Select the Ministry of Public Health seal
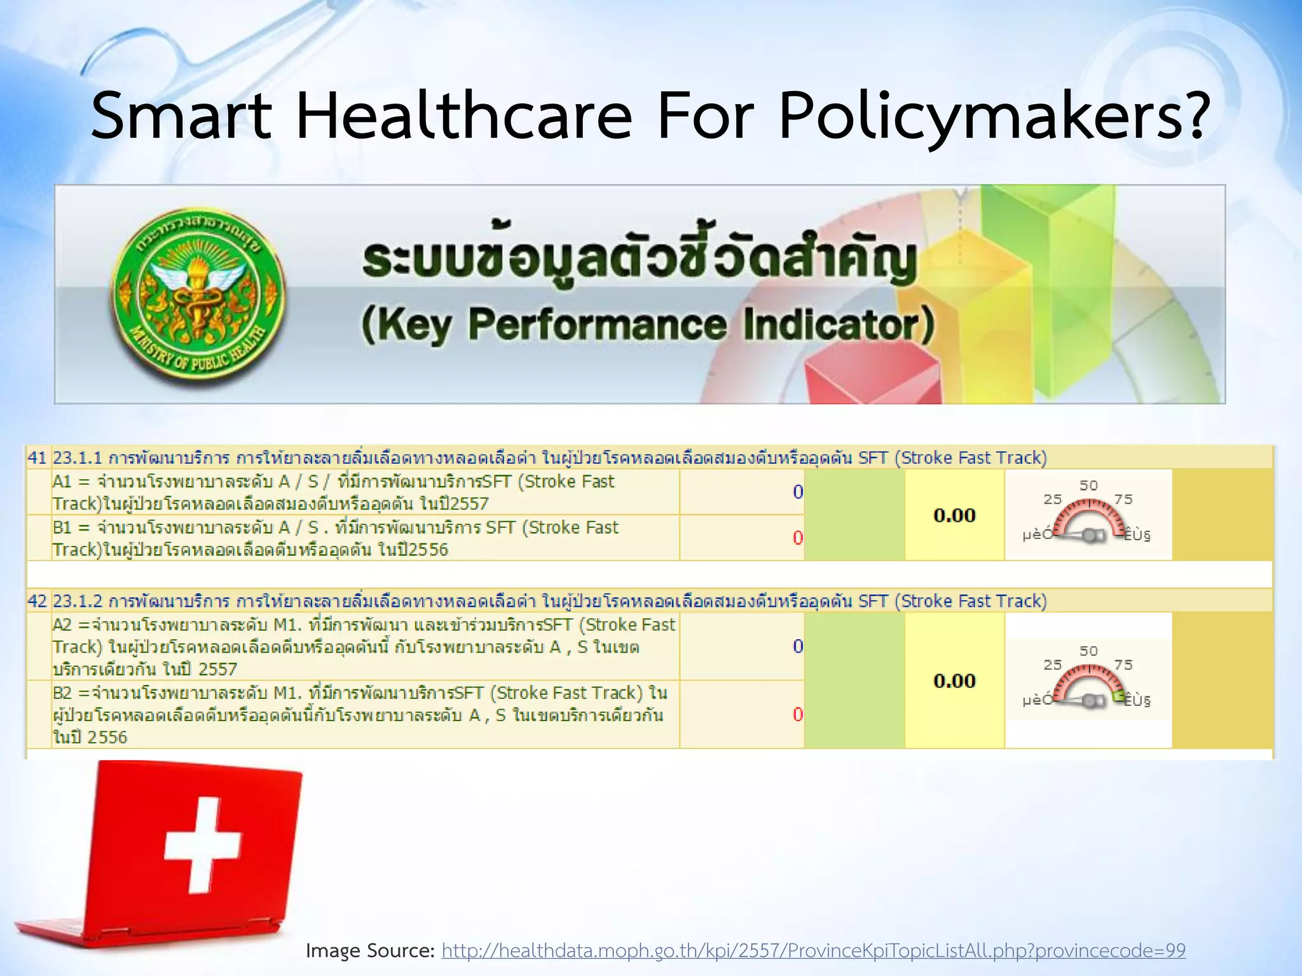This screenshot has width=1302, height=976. coord(198,297)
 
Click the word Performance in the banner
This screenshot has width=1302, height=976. coord(597,325)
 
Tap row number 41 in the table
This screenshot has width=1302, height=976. coord(37,457)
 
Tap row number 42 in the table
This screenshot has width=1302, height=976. coord(37,601)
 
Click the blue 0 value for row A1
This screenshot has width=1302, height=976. coord(798,492)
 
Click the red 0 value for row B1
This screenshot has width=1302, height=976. coord(798,538)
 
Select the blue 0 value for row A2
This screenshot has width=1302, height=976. coord(798,647)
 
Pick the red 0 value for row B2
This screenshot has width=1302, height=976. coord(798,715)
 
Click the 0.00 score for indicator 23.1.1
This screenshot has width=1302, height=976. coord(954,515)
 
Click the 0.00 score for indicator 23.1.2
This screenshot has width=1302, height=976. coord(954,681)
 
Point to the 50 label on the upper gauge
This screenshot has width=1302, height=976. coord(1088,485)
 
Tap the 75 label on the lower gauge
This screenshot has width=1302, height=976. coord(1123,665)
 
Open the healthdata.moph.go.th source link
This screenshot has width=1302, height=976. coord(813,951)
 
